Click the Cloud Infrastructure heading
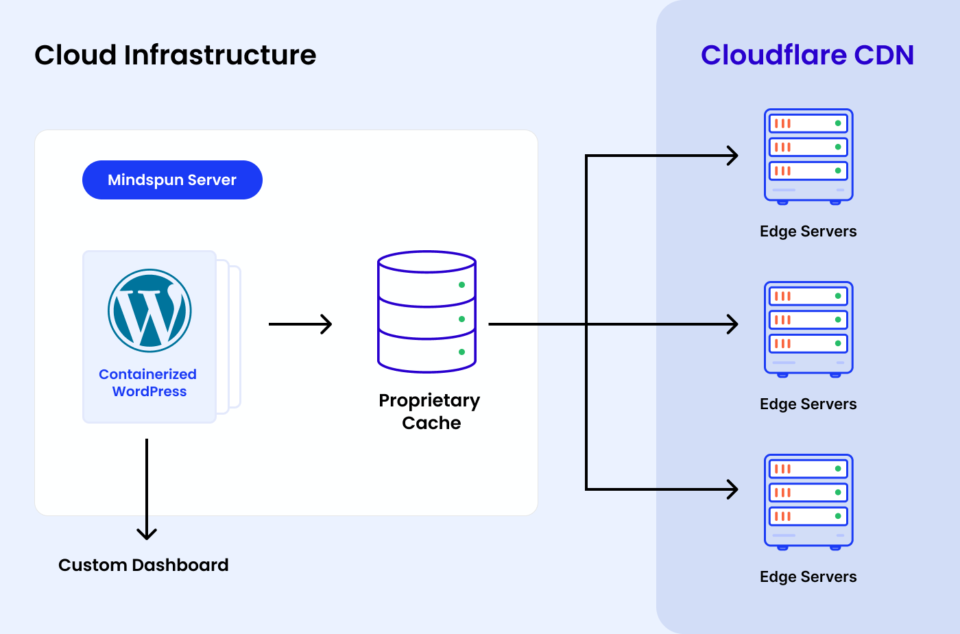pos(176,55)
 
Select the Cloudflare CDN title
pos(807,55)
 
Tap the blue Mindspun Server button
pos(172,180)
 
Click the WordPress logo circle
pos(149,310)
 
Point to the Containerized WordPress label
pos(148,383)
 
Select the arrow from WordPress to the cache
pos(300,324)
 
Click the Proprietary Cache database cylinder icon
pos(427,312)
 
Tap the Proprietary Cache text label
pos(430,411)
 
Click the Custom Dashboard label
pos(143,565)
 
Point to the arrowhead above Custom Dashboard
pos(147,533)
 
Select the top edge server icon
pos(808,156)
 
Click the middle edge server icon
pos(808,329)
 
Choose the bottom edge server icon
pos(808,502)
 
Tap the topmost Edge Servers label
pos(808,232)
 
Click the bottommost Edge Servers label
pos(808,577)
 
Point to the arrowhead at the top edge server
pos(733,156)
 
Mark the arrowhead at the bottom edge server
pos(733,489)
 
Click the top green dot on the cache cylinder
pos(461,285)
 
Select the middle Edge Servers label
pos(808,404)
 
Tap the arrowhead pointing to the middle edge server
pos(733,324)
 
